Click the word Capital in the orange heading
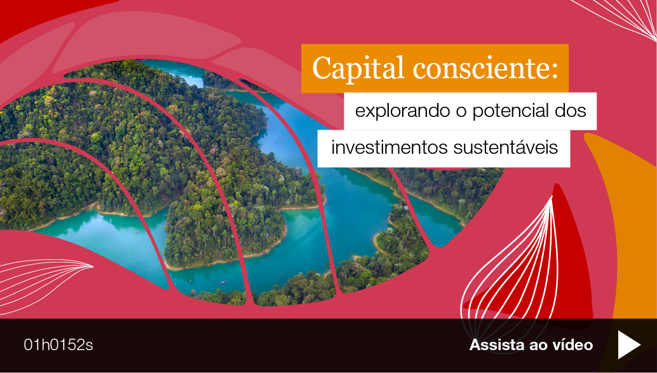(358, 68)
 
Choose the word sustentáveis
(506, 147)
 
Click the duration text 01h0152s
(58, 345)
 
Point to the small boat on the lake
(223, 282)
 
